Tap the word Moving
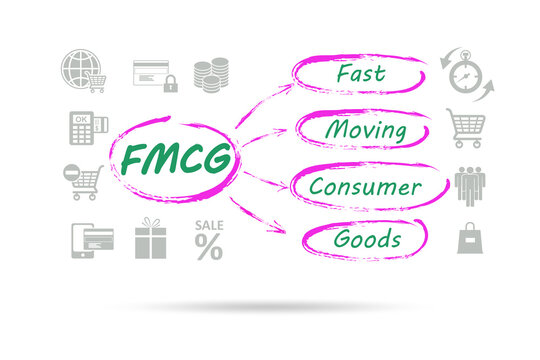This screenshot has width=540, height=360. coord(365,130)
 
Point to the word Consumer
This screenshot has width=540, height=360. coord(364,186)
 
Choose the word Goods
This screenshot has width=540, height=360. coord(367,239)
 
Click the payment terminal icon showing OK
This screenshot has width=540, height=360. coord(82,127)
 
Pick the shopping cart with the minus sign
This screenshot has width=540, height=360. coord(84,182)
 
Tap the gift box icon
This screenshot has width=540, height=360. coord(150,239)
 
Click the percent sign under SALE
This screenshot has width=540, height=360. coord(209,247)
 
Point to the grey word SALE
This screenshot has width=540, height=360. coord(209,226)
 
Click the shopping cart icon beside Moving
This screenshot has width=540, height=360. coord(466,128)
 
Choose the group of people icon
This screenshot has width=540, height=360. coord(469,184)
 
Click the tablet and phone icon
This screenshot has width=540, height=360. coord(91,239)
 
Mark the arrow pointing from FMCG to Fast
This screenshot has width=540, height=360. coord(265,104)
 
